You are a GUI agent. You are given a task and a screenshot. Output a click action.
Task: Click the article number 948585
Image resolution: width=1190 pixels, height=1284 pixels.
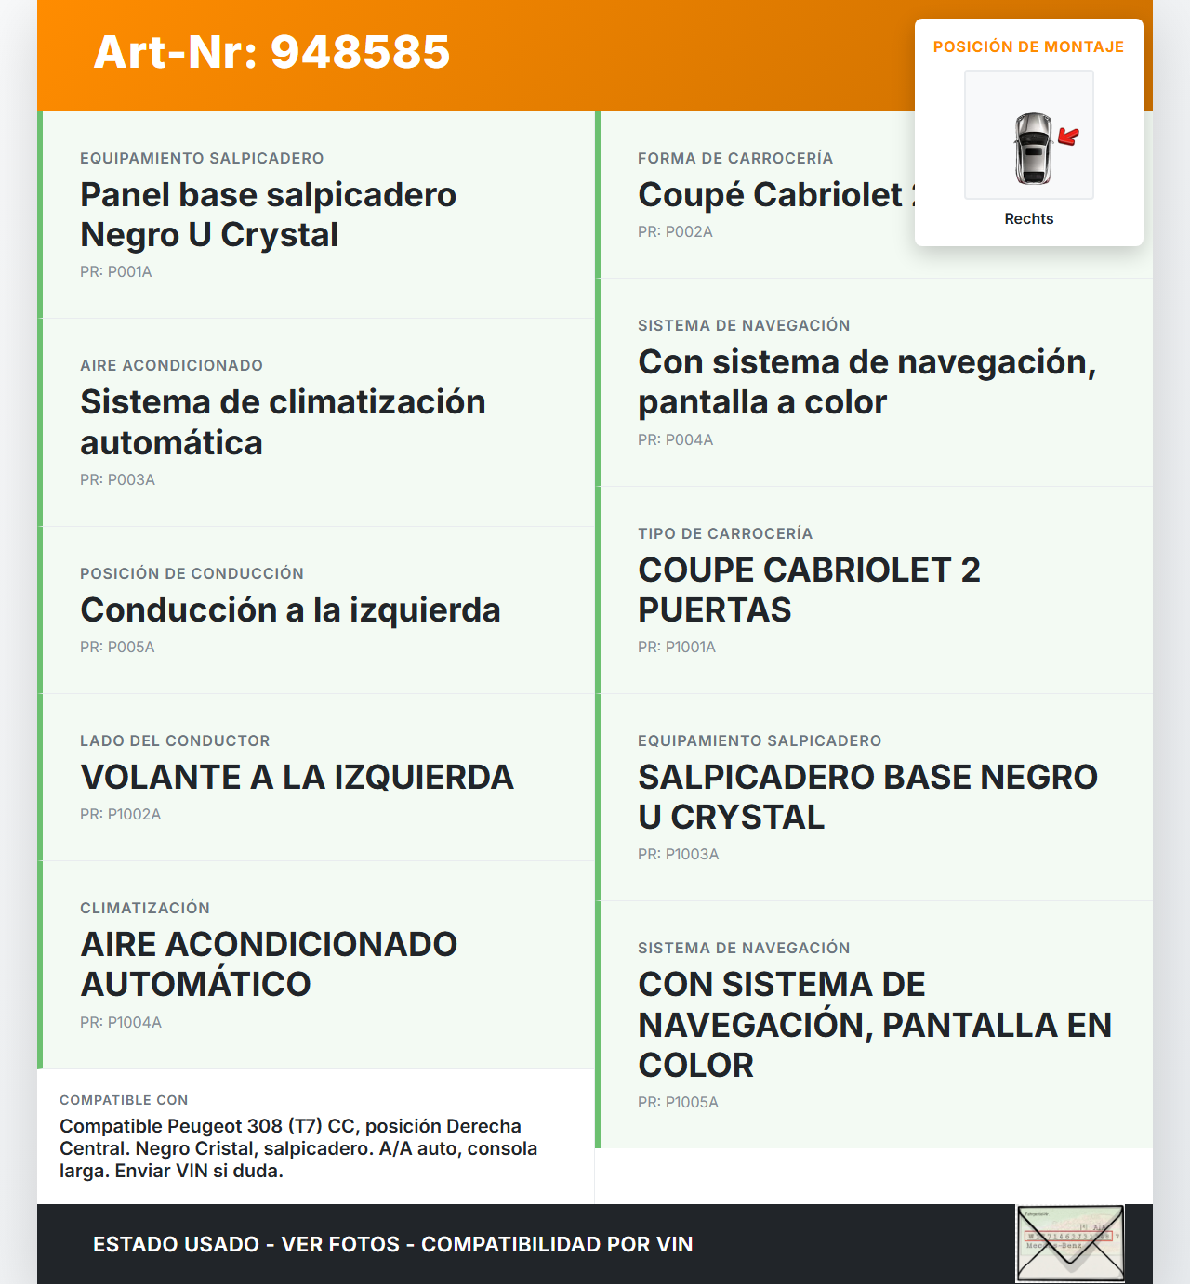271,52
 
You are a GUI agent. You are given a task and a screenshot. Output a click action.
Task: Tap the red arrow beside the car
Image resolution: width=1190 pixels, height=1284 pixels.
1069,138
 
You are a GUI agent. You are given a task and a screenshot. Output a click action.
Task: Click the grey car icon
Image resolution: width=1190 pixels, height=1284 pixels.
1033,148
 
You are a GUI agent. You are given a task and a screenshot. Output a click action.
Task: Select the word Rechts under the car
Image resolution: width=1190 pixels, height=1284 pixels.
1028,219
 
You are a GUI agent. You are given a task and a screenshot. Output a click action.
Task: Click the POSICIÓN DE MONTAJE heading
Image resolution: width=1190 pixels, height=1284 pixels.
1028,47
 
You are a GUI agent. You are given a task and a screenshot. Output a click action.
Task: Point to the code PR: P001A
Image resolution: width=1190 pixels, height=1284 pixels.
116,272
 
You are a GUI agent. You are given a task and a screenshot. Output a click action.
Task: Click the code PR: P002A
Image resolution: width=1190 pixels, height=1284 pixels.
675,232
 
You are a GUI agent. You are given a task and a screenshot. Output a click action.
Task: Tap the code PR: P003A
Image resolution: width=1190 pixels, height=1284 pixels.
117,480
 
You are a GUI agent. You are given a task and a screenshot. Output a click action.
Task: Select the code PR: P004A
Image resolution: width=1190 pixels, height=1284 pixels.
676,440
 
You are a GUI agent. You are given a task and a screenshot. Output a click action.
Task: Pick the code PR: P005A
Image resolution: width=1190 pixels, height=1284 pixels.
117,648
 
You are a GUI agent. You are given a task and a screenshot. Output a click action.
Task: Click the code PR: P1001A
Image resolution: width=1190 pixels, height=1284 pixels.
677,648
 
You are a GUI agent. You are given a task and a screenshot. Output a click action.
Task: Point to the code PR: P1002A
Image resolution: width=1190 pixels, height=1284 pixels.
121,815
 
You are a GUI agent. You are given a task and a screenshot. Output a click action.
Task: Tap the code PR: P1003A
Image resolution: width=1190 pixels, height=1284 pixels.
679,855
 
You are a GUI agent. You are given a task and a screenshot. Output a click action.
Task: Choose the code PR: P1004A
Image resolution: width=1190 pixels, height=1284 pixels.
121,1023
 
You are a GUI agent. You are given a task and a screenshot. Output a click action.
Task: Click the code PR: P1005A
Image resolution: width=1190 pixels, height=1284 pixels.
679,1103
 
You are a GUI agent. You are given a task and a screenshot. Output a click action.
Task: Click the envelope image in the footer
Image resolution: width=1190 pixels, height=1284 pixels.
1070,1243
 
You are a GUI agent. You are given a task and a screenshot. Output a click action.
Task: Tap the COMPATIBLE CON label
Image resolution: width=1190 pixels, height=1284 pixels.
124,1100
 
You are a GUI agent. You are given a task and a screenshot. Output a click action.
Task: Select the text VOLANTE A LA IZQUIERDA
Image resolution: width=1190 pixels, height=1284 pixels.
297,778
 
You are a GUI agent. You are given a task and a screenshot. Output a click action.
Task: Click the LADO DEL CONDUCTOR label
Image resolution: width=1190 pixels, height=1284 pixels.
175,741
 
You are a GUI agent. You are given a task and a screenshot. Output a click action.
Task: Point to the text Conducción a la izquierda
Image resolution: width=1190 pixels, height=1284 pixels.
290,610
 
